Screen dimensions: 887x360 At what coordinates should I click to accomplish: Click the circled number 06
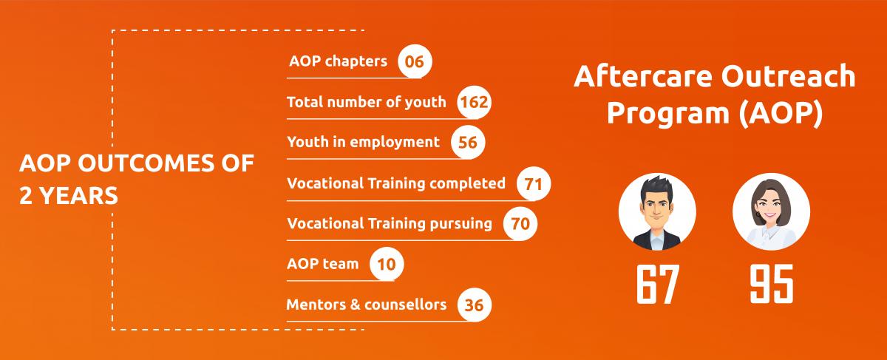pyautogui.click(x=415, y=61)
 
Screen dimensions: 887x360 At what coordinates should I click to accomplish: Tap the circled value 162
pyautogui.click(x=474, y=102)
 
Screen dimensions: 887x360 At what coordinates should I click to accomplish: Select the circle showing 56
pyautogui.click(x=468, y=142)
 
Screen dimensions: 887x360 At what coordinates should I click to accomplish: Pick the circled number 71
pyautogui.click(x=534, y=184)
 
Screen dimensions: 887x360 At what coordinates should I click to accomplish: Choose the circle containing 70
pyautogui.click(x=520, y=223)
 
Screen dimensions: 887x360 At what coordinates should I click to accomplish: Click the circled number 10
pyautogui.click(x=387, y=264)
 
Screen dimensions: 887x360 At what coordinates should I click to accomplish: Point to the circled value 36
pyautogui.click(x=474, y=305)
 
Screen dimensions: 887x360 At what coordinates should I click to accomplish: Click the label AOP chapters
pyautogui.click(x=339, y=61)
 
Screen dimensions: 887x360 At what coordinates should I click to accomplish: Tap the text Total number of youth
pyautogui.click(x=367, y=102)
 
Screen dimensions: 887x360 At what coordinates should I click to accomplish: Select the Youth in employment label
pyautogui.click(x=363, y=142)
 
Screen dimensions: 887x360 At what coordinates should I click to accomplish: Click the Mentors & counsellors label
pyautogui.click(x=367, y=305)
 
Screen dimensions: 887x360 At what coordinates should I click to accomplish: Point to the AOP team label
pyautogui.click(x=323, y=264)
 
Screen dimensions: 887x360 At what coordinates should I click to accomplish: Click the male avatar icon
pyautogui.click(x=657, y=212)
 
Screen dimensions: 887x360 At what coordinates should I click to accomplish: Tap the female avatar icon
pyautogui.click(x=771, y=212)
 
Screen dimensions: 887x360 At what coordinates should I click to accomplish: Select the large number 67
pyautogui.click(x=658, y=284)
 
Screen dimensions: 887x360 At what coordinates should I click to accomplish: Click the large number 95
pyautogui.click(x=772, y=284)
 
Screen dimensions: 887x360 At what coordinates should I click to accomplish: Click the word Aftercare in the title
pyautogui.click(x=642, y=76)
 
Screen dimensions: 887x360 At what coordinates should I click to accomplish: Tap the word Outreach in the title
pyautogui.click(x=788, y=76)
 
